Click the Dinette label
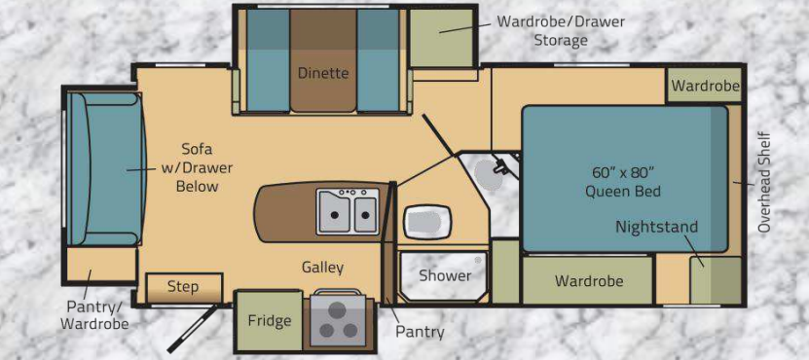tap(323, 73)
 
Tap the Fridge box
tap(269, 321)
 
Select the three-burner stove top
tap(338, 320)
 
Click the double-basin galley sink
tap(348, 210)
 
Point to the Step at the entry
tap(184, 288)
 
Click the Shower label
tap(445, 276)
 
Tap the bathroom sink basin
tap(427, 222)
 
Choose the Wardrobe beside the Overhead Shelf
tap(705, 85)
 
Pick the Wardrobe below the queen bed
tap(589, 280)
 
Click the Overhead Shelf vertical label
tap(764, 182)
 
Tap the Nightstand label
tap(657, 227)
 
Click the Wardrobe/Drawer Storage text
tap(561, 31)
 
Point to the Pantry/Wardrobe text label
tap(94, 314)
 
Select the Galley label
tap(322, 268)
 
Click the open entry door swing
tap(191, 329)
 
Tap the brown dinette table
tap(323, 59)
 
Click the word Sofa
tap(197, 149)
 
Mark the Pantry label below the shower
tap(420, 332)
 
